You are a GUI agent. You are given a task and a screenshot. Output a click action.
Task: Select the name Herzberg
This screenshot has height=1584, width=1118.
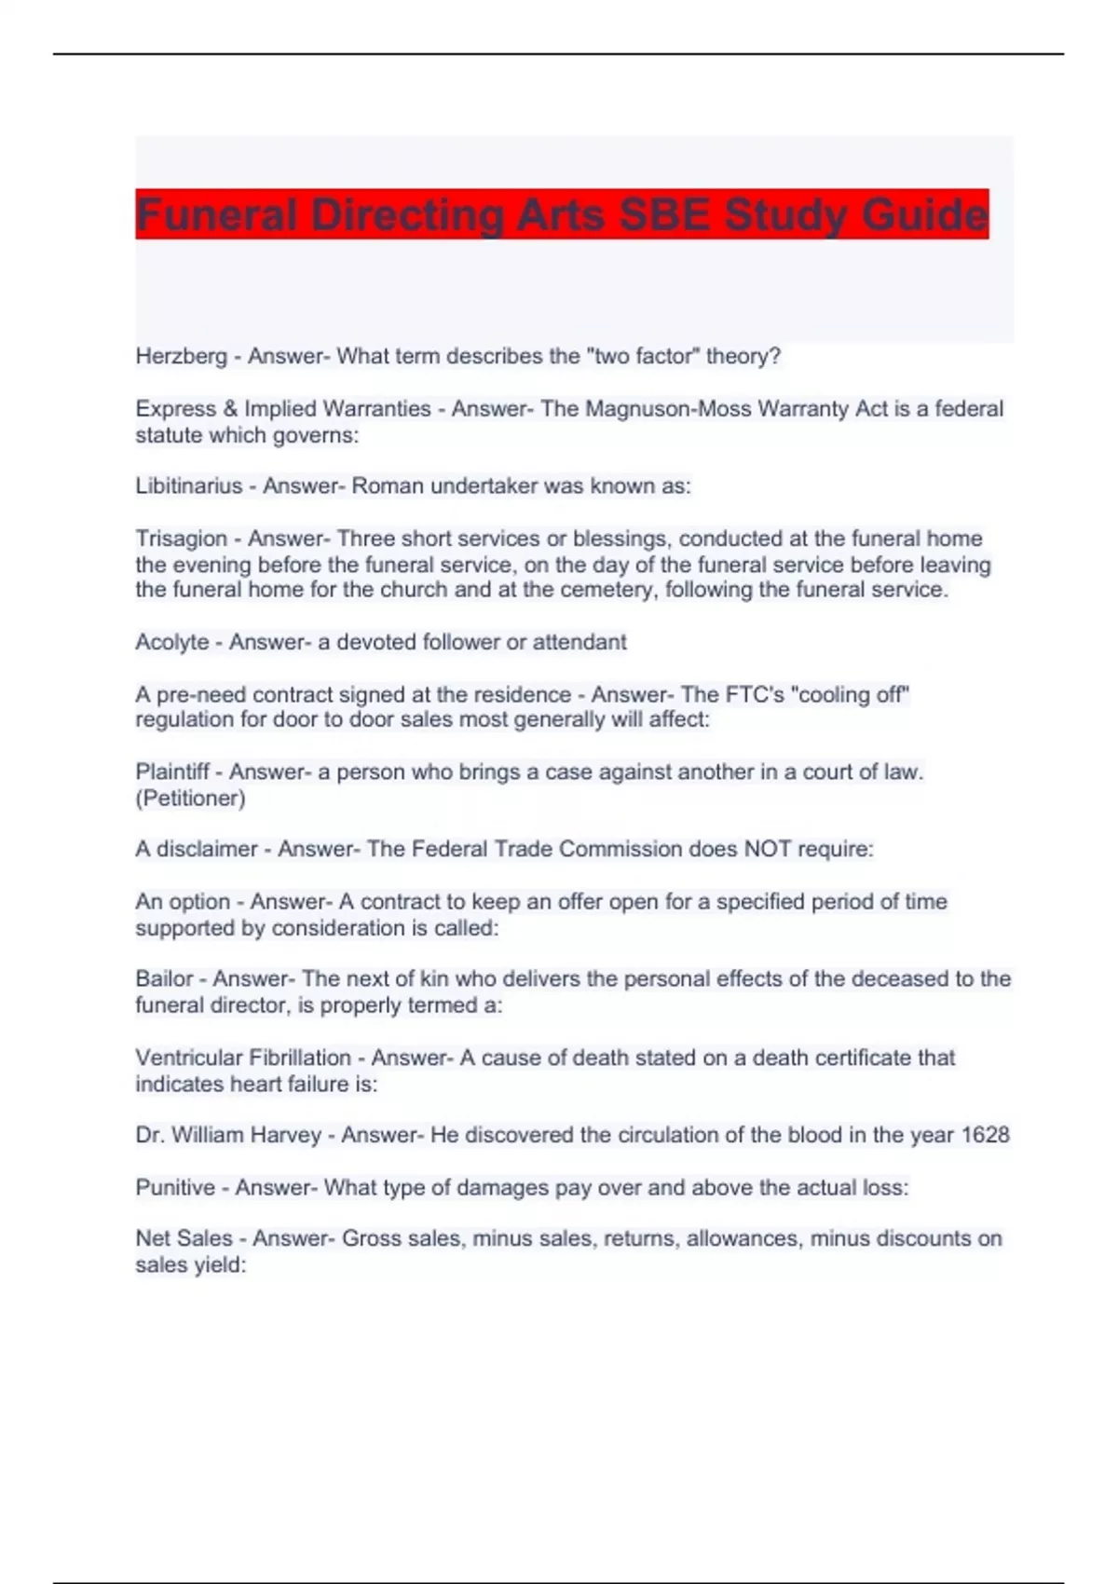click(x=181, y=356)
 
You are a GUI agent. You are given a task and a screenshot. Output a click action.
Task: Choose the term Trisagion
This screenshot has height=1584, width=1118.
click(x=181, y=539)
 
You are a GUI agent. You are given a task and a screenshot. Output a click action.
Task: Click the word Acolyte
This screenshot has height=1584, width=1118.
click(x=172, y=642)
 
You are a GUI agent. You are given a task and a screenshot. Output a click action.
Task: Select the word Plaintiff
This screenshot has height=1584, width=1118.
click(x=172, y=772)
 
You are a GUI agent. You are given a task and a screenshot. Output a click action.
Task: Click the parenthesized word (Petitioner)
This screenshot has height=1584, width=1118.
click(x=190, y=799)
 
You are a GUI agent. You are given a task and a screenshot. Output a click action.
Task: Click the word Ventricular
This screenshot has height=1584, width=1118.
click(x=190, y=1058)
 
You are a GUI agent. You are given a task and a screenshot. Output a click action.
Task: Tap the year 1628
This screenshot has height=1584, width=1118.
click(x=985, y=1135)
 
